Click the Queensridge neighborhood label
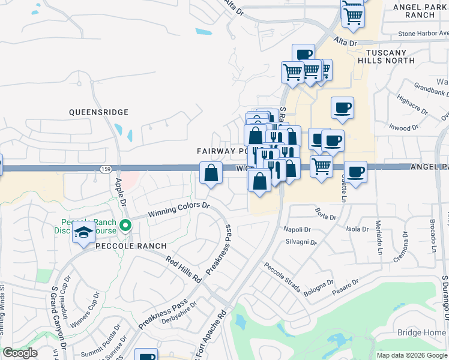tap(98, 112)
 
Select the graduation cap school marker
tap(83, 232)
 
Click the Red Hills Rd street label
tap(184, 268)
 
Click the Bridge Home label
tap(421, 332)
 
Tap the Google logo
tap(19, 353)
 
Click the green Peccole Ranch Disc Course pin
tap(125, 226)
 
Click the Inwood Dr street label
tap(403, 128)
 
